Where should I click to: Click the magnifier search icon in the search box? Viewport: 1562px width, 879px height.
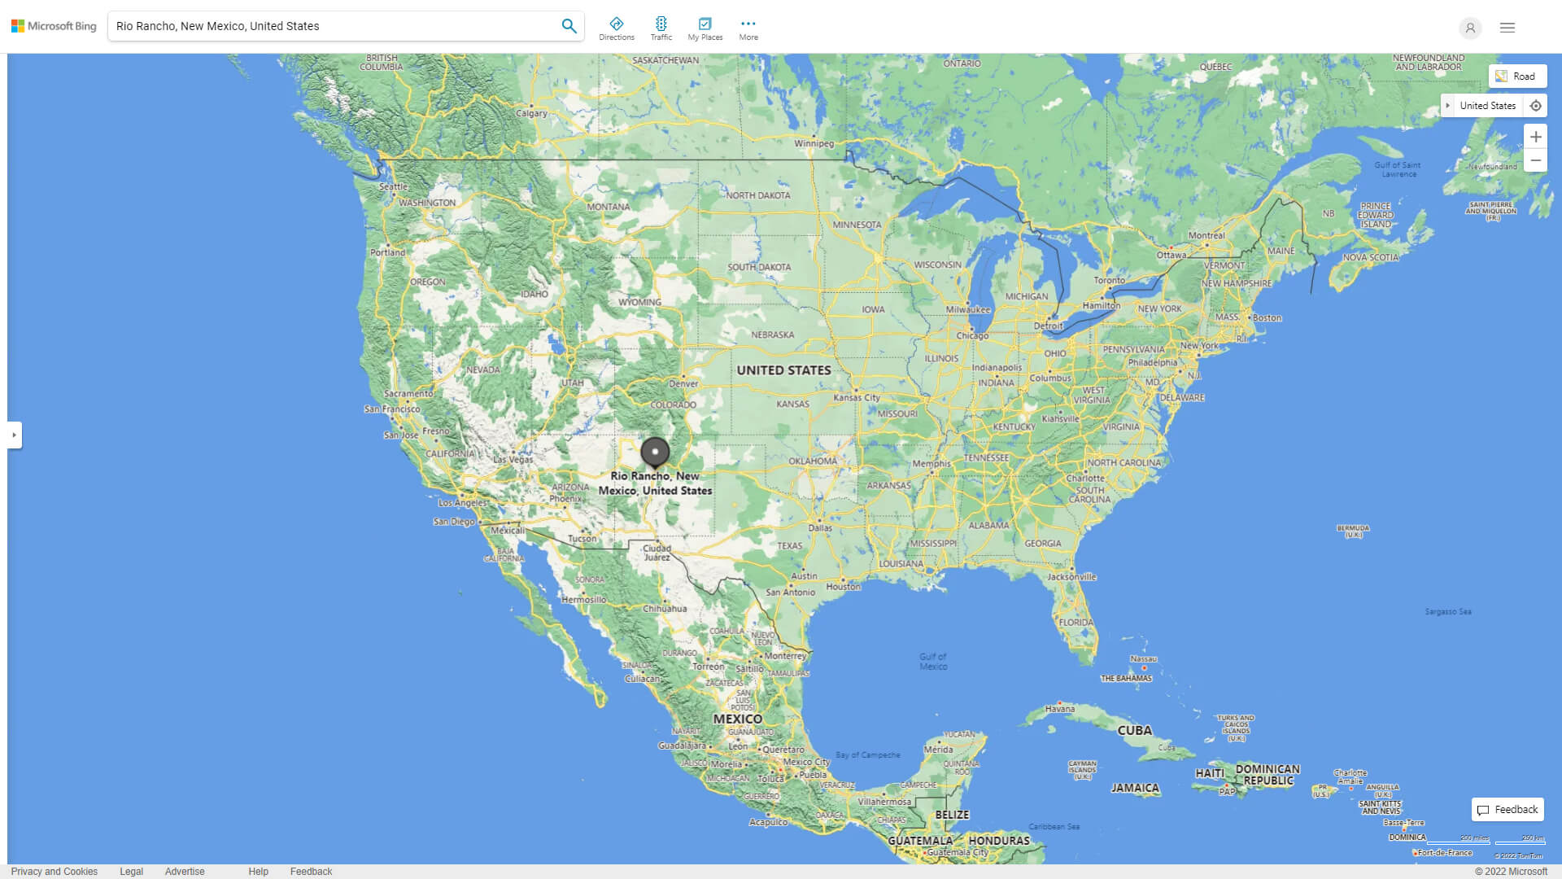[x=569, y=26]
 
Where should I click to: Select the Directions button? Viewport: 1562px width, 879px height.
[x=616, y=28]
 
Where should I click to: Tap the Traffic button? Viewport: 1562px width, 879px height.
[x=661, y=28]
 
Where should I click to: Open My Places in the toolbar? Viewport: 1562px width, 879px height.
[x=705, y=28]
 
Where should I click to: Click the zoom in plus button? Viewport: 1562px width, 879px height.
[x=1535, y=137]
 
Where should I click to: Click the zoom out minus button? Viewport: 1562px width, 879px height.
[x=1535, y=161]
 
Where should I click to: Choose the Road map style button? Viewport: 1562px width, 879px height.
[x=1516, y=77]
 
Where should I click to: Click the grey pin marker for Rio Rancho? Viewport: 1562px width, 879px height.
[x=655, y=452]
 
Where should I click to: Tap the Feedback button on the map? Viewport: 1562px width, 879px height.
[x=1507, y=810]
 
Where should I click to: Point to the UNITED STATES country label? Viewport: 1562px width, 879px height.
[x=783, y=370]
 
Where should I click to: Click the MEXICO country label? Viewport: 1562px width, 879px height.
[x=737, y=719]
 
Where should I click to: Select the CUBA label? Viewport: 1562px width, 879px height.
[x=1134, y=731]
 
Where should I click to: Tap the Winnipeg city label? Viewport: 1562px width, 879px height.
[x=814, y=144]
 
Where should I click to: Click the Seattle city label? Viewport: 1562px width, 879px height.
[x=393, y=186]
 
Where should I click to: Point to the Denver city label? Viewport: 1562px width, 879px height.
[x=683, y=384]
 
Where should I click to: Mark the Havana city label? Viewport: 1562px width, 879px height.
[x=1059, y=709]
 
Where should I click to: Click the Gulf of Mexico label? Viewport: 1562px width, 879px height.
[x=933, y=662]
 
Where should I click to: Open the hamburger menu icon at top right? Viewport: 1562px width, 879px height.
[x=1507, y=28]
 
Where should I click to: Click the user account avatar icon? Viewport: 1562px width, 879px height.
[x=1469, y=28]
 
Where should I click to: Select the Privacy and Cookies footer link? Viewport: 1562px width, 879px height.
[x=55, y=872]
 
